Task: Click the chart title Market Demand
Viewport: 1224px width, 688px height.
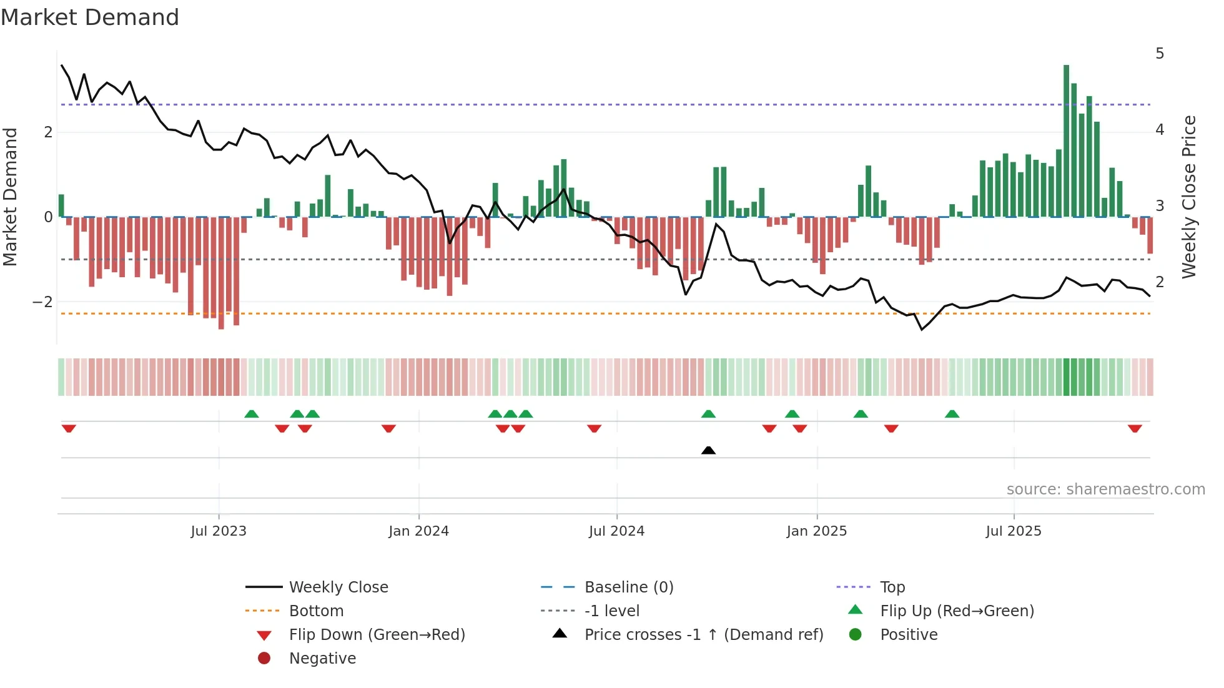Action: tap(90, 17)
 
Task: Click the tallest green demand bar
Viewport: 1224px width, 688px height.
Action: tap(1066, 140)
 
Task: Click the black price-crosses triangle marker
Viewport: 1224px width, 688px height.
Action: tap(708, 450)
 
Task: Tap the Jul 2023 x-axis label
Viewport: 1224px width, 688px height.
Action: tap(219, 531)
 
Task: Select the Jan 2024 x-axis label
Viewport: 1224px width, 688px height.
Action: tap(418, 531)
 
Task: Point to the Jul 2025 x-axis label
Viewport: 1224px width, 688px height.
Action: tap(1014, 531)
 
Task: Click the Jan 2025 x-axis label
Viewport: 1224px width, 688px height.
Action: tap(816, 531)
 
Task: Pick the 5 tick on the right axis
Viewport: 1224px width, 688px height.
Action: tap(1160, 54)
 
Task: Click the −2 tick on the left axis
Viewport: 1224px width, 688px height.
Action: tap(42, 302)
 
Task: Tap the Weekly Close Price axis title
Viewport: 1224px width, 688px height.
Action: tap(1189, 197)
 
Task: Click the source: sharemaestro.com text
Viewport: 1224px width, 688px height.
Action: tap(1105, 489)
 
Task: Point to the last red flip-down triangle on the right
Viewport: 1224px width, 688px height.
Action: tap(1135, 428)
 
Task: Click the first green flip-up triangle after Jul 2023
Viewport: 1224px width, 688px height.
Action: tap(251, 414)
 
